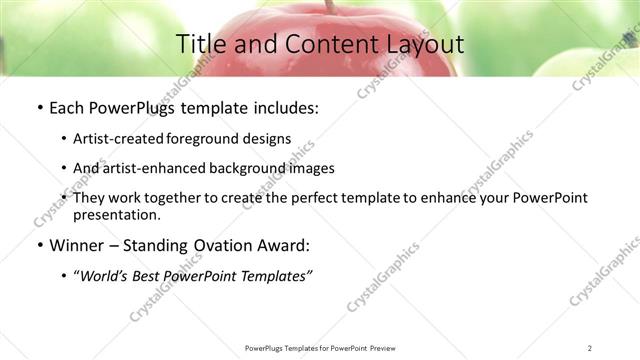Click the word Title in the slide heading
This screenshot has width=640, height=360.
point(200,45)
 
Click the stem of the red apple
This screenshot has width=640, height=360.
point(327,6)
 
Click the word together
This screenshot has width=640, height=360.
point(173,198)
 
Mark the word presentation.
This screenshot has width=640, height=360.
point(117,215)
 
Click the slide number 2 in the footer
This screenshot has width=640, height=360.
point(590,348)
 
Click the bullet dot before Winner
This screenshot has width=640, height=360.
point(38,246)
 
